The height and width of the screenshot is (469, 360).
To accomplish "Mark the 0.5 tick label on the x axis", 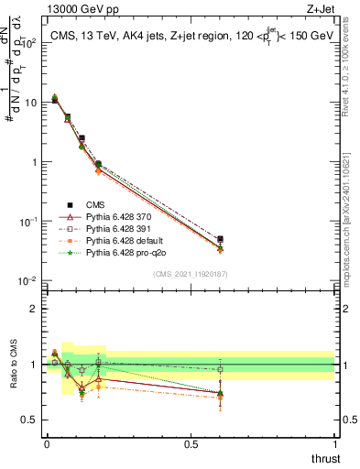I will click(x=191, y=444).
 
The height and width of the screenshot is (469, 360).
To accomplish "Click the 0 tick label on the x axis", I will click(x=46, y=444).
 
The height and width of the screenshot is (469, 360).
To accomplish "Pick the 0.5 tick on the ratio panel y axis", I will click(x=30, y=420).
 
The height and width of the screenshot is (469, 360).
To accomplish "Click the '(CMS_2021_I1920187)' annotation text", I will click(x=190, y=273).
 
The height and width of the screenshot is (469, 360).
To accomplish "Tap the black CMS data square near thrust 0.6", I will click(x=219, y=239).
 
